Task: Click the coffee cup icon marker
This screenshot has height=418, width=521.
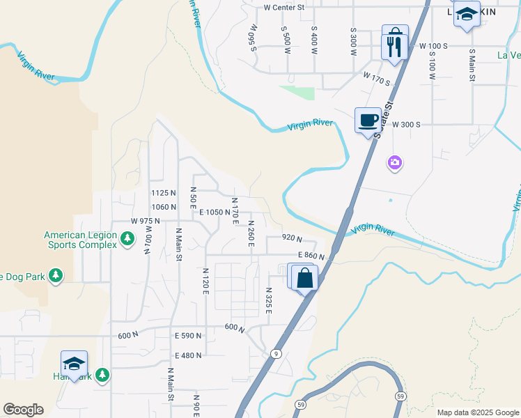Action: click(368, 120)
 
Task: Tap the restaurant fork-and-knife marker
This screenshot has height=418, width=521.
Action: click(395, 47)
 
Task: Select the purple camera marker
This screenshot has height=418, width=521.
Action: click(395, 163)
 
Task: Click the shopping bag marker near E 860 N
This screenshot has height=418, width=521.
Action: click(304, 278)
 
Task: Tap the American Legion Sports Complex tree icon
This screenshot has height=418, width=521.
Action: click(127, 239)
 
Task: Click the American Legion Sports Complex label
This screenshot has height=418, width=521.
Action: click(81, 240)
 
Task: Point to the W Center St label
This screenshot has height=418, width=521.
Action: click(284, 8)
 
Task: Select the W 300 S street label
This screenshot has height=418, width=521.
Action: click(407, 124)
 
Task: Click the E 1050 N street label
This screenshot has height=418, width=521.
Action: click(215, 212)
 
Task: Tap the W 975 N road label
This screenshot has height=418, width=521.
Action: click(146, 221)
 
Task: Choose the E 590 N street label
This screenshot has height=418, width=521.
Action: click(188, 336)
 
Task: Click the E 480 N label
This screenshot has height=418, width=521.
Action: click(188, 355)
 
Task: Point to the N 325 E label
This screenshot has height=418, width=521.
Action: click(268, 300)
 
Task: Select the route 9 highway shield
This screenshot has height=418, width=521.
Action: click(277, 354)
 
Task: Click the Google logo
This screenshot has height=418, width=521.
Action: click(23, 410)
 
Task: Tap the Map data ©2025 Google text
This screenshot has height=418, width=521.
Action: click(477, 412)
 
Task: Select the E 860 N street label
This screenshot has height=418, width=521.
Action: click(311, 256)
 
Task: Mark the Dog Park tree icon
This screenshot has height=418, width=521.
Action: click(56, 277)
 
